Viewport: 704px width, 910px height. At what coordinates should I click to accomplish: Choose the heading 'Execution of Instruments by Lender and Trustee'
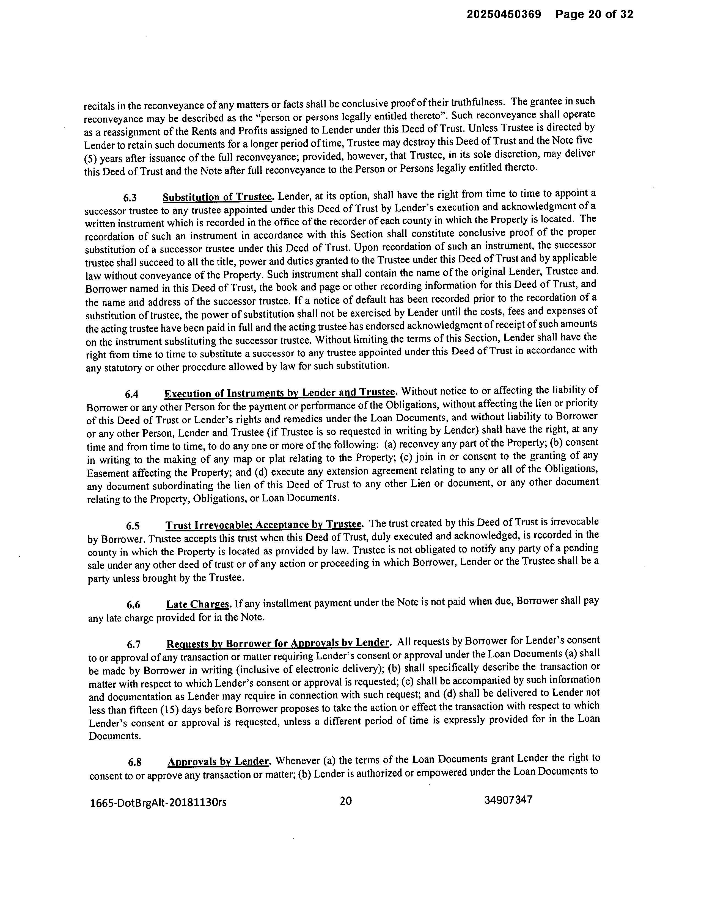click(x=279, y=393)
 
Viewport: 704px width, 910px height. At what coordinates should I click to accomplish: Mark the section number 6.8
click(x=135, y=762)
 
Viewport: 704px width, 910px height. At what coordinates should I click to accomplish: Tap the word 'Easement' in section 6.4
click(x=108, y=474)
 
